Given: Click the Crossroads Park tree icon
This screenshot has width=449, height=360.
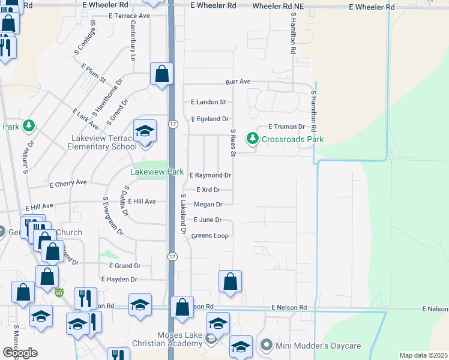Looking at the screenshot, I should pos(253,139).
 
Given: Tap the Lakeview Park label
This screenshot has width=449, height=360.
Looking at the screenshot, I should pos(157,172).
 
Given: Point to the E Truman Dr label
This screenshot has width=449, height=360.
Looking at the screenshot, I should pos(286,127).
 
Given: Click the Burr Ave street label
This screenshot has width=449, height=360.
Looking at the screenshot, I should pos(238,82).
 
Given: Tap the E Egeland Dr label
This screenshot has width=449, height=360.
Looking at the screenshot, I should pos(210,119).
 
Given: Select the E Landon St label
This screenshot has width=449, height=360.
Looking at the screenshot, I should pos(208,103).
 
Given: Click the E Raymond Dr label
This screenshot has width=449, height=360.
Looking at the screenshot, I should pos(210,176).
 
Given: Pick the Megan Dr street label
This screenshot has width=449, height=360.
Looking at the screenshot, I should pos(208,205).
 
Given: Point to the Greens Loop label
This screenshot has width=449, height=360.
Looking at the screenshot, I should pos(209,236).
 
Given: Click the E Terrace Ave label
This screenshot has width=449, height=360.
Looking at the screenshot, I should pos(130,16).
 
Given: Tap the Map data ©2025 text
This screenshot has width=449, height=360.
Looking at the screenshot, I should pos(423,355).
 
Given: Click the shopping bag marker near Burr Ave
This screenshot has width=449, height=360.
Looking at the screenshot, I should pos(161,75).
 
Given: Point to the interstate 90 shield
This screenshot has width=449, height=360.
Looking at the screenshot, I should pos(59,293).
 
